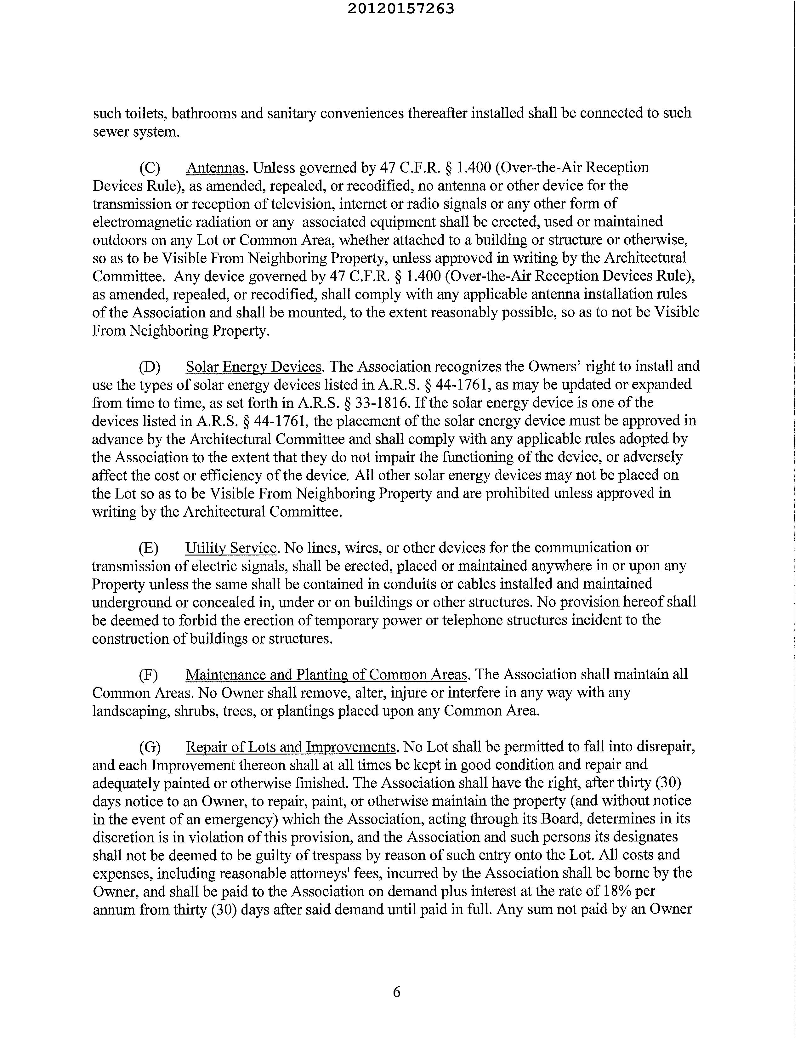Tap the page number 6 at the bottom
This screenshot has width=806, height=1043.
397,992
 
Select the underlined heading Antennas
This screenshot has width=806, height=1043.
215,168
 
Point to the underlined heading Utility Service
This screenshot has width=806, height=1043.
231,548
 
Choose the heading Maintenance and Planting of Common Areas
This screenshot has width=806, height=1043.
326,674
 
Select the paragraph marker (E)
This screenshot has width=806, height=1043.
149,548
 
